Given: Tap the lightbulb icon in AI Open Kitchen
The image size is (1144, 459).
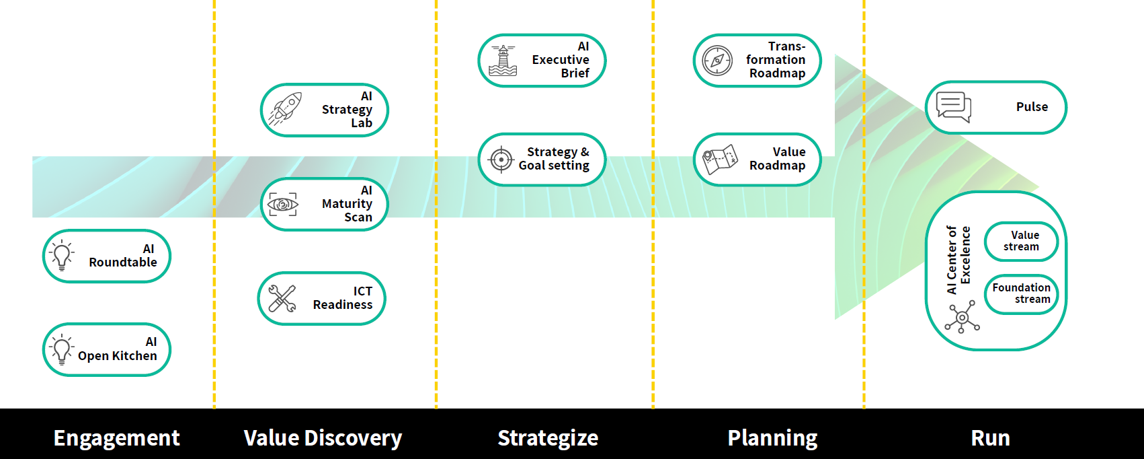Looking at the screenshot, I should point(62,349).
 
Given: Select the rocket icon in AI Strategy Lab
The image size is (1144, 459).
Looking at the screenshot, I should point(285,109).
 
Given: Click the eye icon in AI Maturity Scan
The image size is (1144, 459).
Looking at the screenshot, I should point(283,204).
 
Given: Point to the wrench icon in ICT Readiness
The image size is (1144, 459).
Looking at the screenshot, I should point(282,299).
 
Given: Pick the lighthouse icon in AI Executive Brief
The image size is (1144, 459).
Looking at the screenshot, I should point(503,61).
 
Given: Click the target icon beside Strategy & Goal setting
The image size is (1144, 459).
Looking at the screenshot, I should point(501,160).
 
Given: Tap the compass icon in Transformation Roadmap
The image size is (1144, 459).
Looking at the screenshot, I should point(717,61).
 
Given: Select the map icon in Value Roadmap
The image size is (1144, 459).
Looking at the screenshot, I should point(719,160).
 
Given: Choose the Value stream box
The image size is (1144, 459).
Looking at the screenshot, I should point(1021,241).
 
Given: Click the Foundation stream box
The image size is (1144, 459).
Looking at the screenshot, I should point(1021,293).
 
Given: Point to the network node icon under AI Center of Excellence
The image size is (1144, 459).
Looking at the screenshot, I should point(963,318).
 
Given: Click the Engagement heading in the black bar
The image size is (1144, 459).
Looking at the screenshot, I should point(116,438).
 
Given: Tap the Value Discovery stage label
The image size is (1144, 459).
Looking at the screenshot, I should point(323,438).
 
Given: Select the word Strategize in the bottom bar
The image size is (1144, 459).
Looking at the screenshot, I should point(548,438).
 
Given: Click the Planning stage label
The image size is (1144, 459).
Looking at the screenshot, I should point(772,438).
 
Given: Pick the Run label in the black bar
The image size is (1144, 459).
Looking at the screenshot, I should point(990,438).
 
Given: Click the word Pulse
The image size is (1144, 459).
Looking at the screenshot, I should point(1032,107).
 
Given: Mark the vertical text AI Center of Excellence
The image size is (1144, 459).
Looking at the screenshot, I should point(958,260).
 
